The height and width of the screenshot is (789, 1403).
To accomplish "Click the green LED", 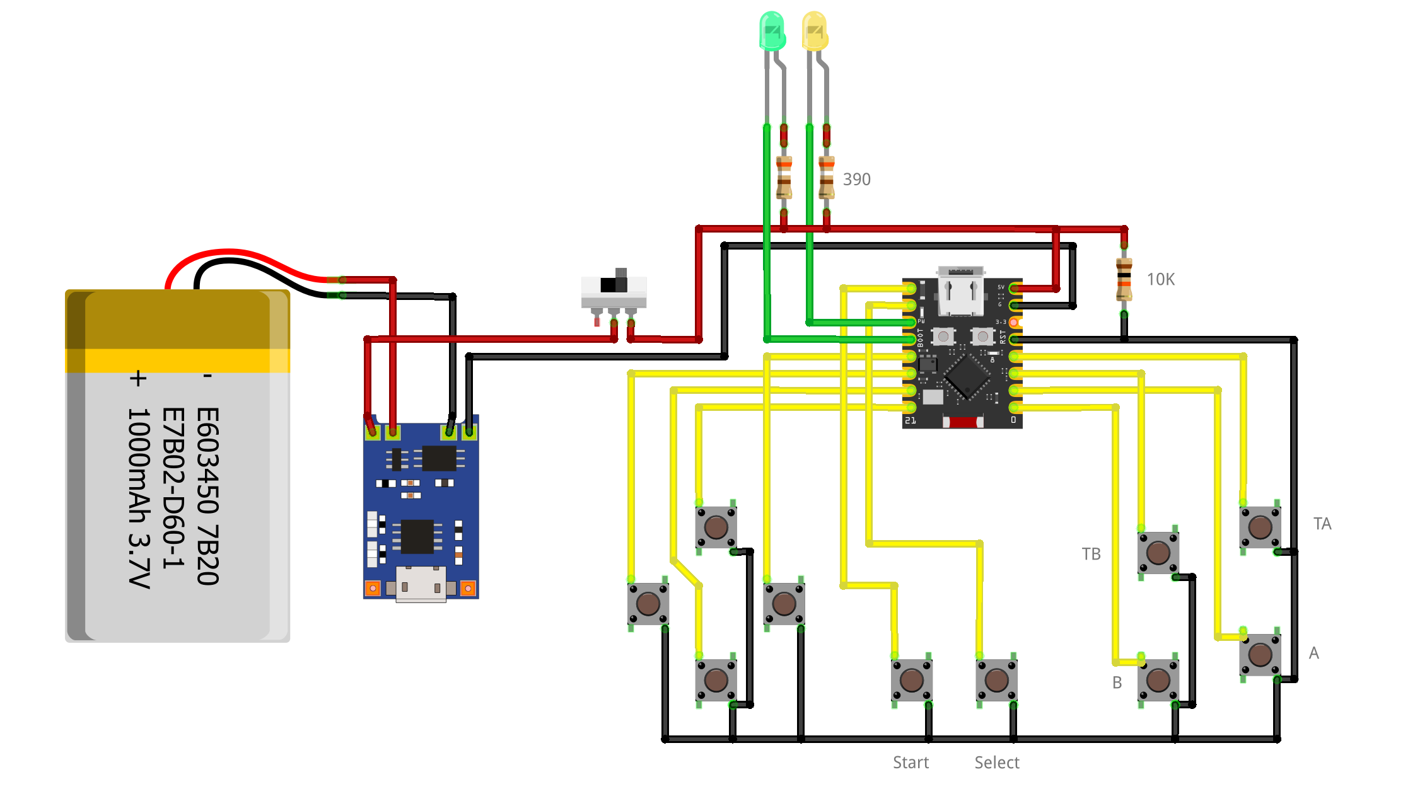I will (772, 30).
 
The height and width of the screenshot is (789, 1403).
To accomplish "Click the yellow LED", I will (814, 30).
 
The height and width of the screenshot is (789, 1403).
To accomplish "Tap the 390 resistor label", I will (856, 180).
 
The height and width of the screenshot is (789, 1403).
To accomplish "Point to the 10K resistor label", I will (1160, 280).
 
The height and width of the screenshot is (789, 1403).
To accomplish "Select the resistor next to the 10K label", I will (1124, 279).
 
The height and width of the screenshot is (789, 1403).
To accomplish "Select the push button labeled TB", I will (1158, 553).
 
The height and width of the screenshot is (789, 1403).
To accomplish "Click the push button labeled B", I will (1158, 680).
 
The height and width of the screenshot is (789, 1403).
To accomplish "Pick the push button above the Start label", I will (911, 680).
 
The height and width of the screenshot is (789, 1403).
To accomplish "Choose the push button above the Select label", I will (996, 680).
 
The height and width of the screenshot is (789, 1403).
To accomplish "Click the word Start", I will (911, 763).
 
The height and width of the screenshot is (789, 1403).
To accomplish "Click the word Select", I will (996, 763).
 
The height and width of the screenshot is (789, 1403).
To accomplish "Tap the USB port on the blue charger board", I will (421, 585).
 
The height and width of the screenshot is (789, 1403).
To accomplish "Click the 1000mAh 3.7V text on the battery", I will (139, 498).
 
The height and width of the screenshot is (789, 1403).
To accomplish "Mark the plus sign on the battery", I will (137, 378).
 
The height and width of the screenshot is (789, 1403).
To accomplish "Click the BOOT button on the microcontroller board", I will (943, 337).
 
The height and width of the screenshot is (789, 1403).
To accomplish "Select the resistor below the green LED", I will (784, 178).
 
